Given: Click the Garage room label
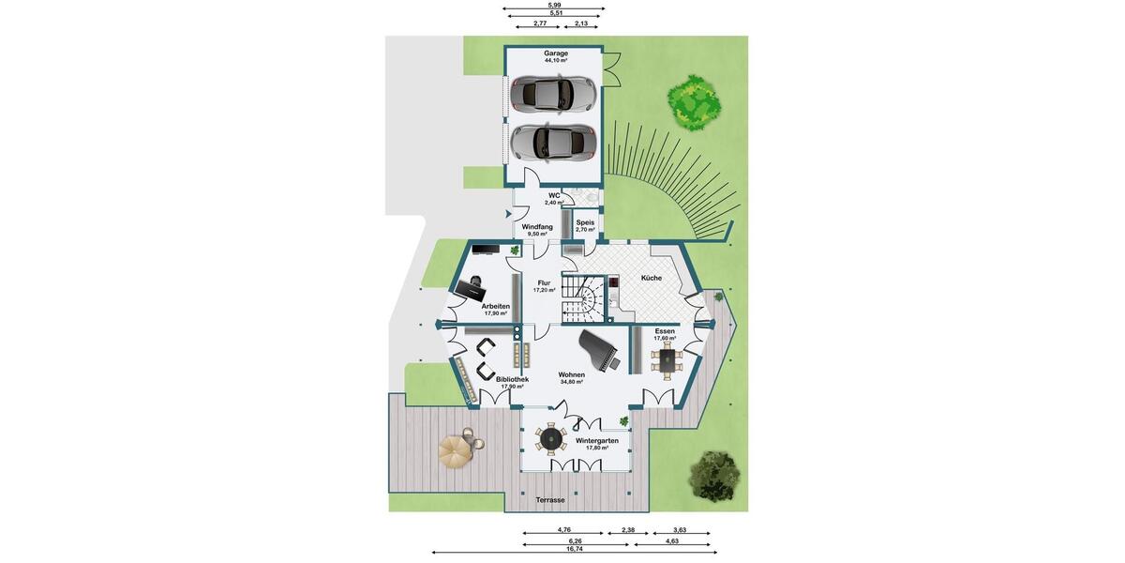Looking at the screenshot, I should (556, 53).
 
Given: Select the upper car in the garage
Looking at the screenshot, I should (553, 93).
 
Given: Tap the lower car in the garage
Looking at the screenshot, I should (553, 142).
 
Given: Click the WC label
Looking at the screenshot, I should (554, 196).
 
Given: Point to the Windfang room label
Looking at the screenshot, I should (537, 227).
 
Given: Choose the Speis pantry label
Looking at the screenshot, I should (585, 223).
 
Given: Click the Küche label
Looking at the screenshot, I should (652, 278).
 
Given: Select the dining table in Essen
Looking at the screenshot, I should (667, 359).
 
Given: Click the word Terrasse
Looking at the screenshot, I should (550, 500).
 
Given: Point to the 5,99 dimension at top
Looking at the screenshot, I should (554, 5).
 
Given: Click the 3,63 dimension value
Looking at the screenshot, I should (680, 530).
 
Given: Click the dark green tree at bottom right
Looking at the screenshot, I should (714, 476).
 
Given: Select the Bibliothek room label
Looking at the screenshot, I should (512, 380).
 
